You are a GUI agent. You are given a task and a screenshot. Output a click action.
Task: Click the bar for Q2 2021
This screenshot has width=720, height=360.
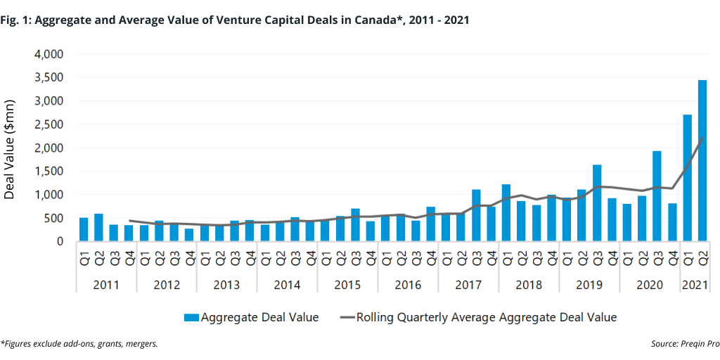coord(702,161)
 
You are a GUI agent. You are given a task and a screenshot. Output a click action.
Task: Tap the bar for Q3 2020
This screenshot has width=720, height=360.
coord(657,196)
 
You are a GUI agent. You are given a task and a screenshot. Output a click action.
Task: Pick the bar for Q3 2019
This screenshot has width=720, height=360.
coord(597,203)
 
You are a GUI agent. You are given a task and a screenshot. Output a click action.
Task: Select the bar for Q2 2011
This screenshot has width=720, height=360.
coord(98,227)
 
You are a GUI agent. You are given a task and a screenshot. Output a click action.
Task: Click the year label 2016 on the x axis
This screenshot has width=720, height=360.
coord(408,285)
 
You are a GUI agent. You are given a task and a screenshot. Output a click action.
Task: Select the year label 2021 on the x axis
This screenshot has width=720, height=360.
coord(694,285)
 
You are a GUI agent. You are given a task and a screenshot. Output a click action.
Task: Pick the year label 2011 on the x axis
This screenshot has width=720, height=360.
coord(106,285)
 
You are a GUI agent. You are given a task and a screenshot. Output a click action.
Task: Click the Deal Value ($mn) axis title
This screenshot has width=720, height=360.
coord(10,148)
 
